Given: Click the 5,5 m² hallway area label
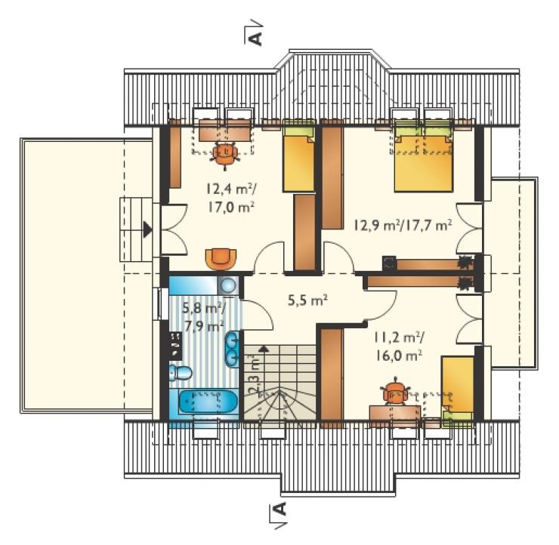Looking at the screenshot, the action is tap(307, 300).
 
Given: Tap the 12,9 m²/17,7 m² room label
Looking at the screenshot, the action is tap(403, 225).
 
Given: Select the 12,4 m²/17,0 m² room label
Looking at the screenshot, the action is tap(230, 197).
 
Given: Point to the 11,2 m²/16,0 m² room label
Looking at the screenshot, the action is tap(400, 346).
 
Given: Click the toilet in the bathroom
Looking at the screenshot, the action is tap(180, 373).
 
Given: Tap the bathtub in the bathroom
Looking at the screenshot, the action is tap(208, 402).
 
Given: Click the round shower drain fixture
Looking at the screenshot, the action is tap(228, 285).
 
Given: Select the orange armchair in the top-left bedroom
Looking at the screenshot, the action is tap(221, 258).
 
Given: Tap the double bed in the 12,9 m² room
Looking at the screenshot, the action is tap(423, 159).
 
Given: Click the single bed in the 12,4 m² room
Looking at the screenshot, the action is tap(298, 159).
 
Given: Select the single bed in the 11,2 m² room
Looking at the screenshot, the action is tap(458, 391).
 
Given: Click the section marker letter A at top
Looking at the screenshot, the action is tap(255, 38).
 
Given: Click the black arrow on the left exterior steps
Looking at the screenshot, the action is tap(147, 229).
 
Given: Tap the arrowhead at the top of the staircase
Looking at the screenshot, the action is tap(263, 349).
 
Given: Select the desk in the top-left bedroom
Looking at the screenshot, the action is tap(224, 129).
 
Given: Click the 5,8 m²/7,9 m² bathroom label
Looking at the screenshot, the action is tap(203, 316).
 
